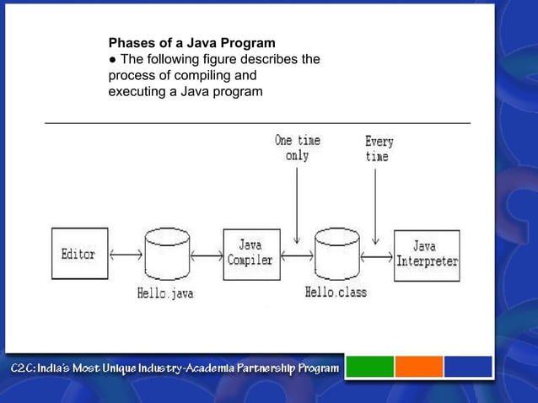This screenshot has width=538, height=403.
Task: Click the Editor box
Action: point(79,254)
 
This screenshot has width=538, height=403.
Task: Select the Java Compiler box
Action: point(250,254)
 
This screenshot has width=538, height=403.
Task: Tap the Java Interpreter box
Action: point(427,255)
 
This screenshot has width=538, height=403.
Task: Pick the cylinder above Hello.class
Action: point(336,254)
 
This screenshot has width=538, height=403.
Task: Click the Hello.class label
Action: point(336,293)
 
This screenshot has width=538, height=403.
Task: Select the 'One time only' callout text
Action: point(297,148)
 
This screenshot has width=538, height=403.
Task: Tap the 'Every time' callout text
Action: point(379,149)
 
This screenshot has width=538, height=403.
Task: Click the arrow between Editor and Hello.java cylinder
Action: point(125,255)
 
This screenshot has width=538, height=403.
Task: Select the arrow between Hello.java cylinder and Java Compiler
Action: point(206,255)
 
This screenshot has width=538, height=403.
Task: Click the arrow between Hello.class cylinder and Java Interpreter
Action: point(377,255)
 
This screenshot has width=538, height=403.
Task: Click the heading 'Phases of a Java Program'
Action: point(191,42)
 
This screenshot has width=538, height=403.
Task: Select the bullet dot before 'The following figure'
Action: point(112,58)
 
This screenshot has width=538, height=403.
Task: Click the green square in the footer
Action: point(370,367)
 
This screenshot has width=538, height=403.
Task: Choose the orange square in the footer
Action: point(419,367)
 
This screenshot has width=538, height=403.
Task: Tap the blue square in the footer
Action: point(468,367)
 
